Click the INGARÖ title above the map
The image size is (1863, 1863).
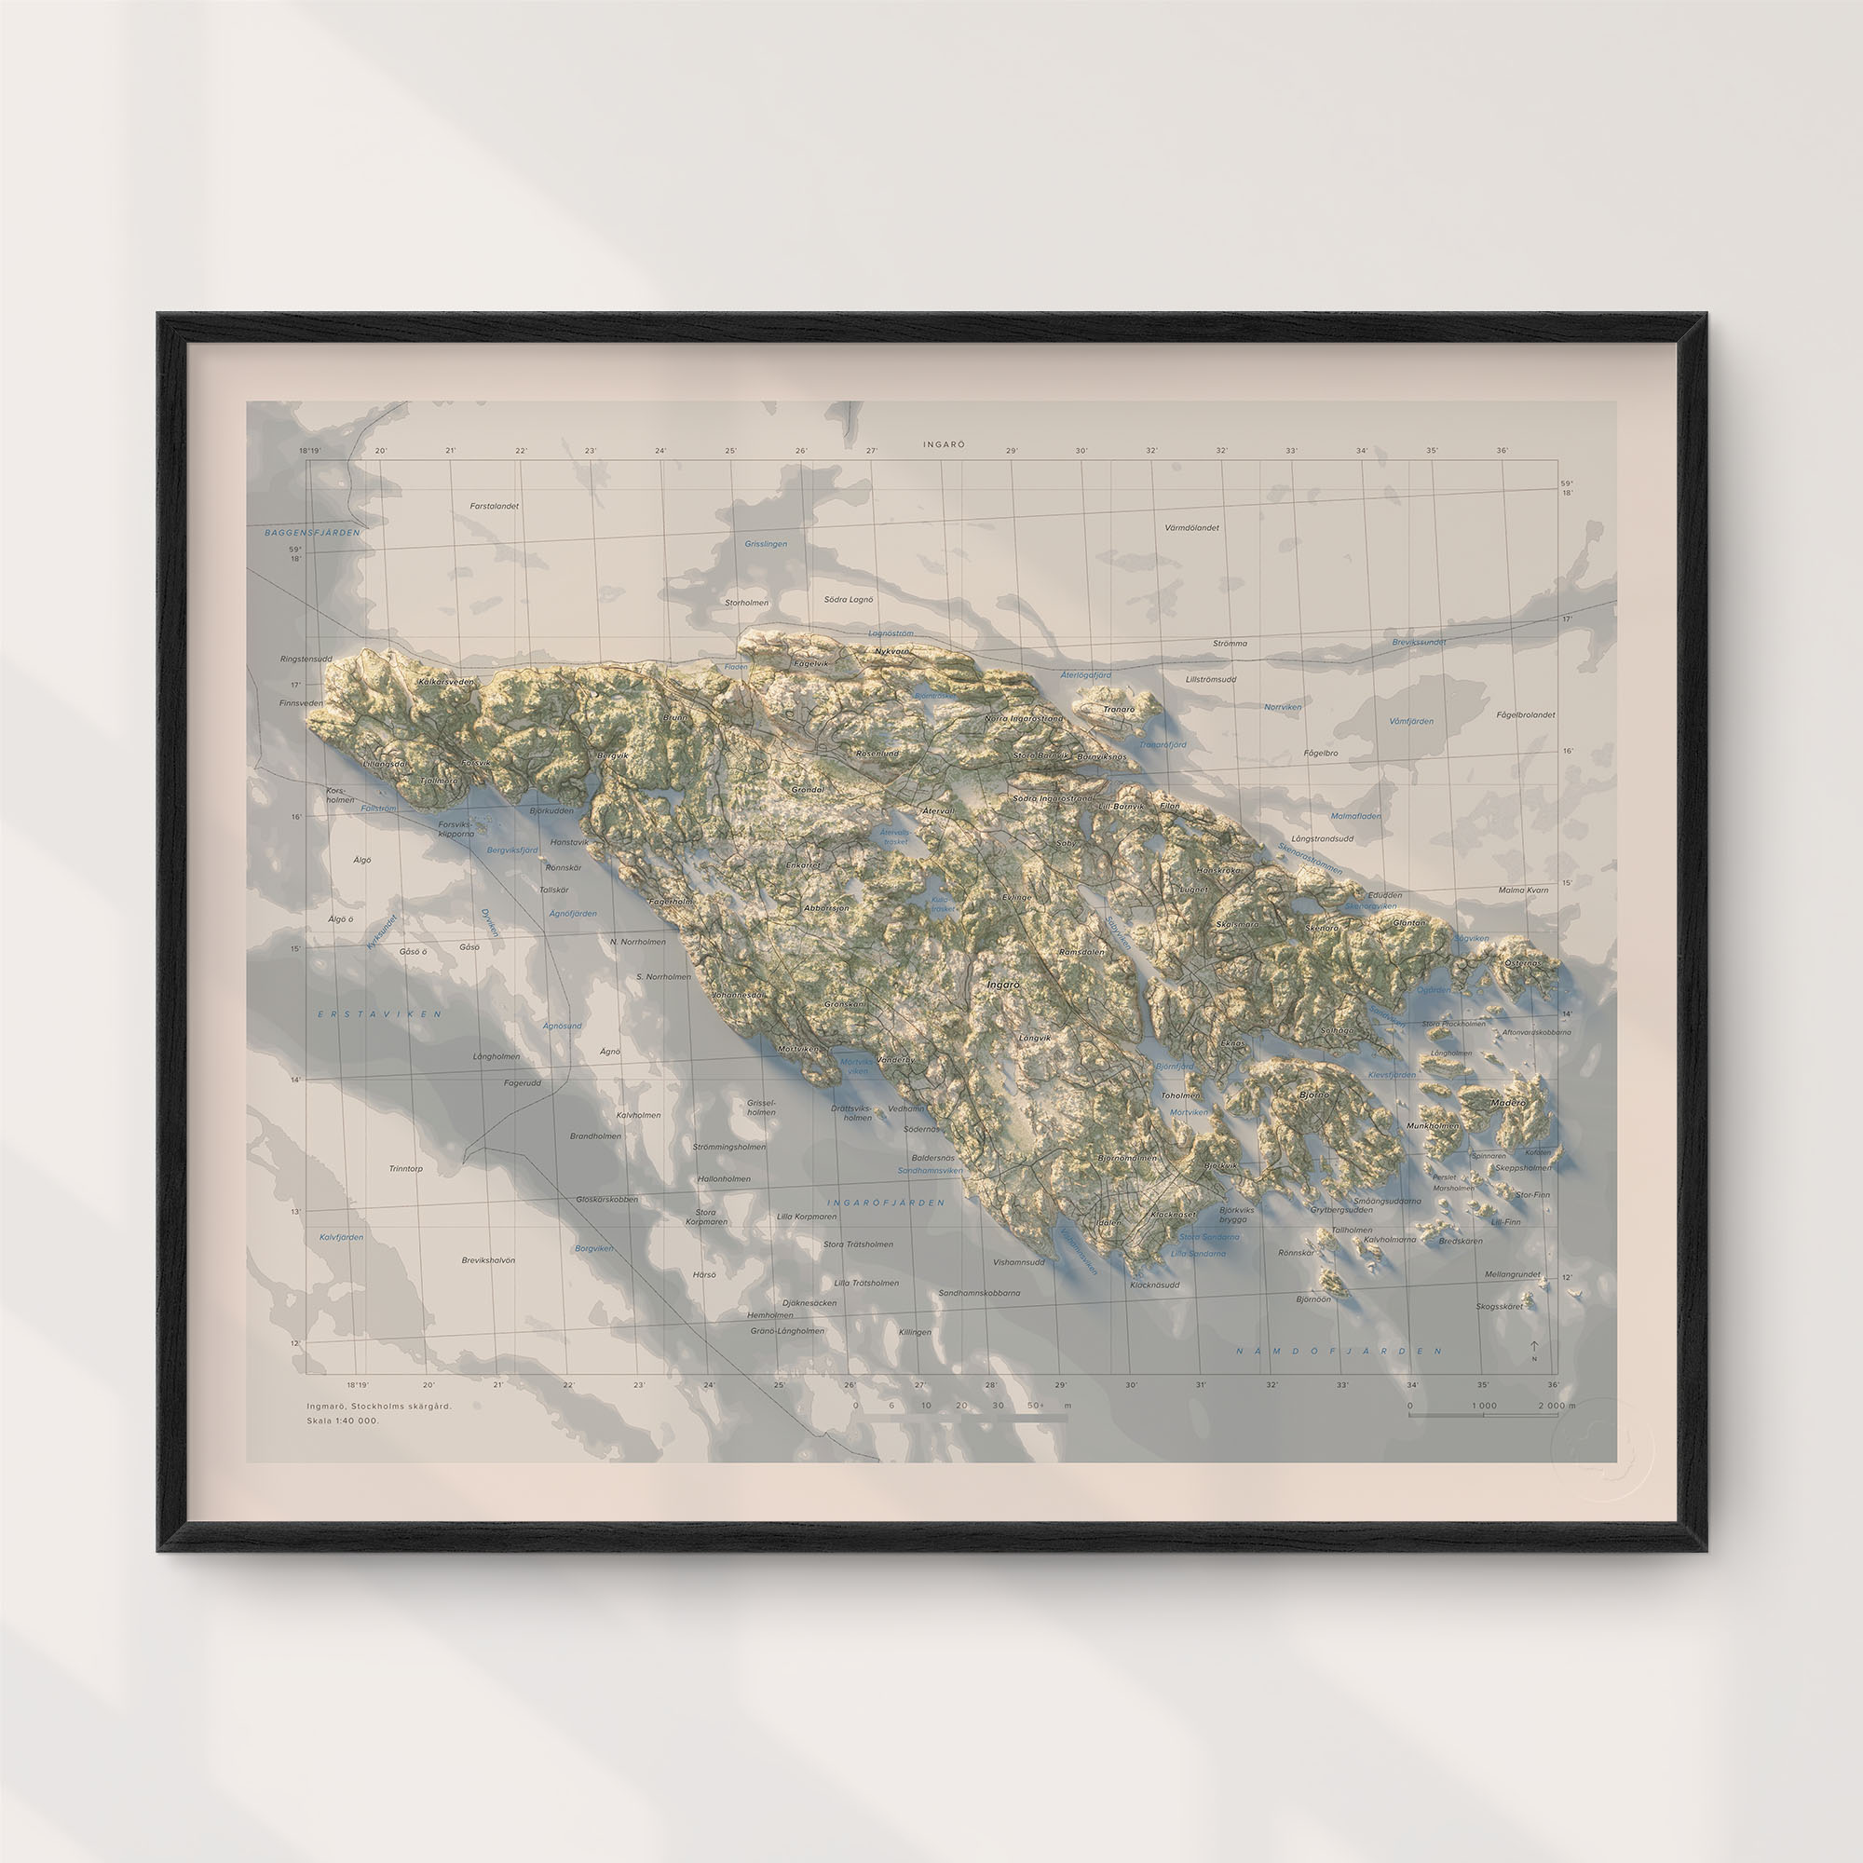(x=943, y=444)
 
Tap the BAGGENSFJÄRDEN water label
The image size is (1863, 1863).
(x=312, y=532)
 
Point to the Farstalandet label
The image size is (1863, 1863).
(x=495, y=505)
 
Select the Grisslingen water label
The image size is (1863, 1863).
(x=766, y=544)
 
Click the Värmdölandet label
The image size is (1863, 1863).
(x=1192, y=527)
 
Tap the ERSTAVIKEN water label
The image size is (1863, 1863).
(x=380, y=1013)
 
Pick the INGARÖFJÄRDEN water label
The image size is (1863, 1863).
(x=885, y=1203)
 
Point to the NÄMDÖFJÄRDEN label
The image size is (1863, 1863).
(x=1339, y=1351)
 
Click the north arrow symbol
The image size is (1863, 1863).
(x=1534, y=1347)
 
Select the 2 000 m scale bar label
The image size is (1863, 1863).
(x=1556, y=1406)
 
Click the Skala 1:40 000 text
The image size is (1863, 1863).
(x=344, y=1421)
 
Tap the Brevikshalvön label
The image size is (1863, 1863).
(x=488, y=1259)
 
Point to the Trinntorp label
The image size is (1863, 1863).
(x=406, y=1168)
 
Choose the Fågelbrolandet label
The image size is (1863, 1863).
(x=1526, y=714)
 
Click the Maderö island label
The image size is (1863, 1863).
(x=1509, y=1102)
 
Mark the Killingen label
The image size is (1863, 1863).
(x=915, y=1332)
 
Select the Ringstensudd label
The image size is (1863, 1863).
(x=306, y=659)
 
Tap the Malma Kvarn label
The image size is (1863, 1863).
(x=1524, y=890)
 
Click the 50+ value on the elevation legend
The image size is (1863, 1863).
(x=1036, y=1406)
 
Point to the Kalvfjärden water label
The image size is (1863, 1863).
(x=341, y=1236)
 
